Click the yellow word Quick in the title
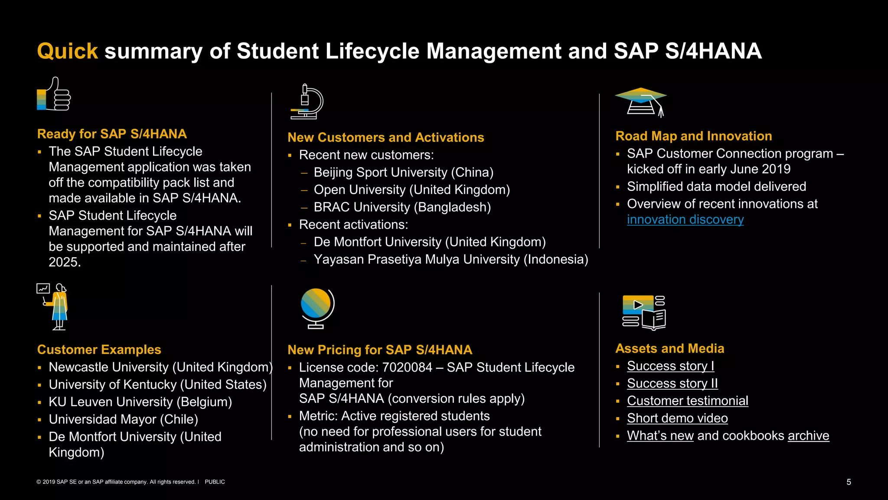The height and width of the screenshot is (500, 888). [x=67, y=51]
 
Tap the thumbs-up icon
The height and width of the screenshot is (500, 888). [x=54, y=95]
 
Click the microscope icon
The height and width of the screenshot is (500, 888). [x=307, y=102]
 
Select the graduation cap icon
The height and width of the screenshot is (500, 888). [x=641, y=102]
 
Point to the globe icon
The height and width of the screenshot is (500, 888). [x=317, y=308]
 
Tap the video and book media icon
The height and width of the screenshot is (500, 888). [x=644, y=312]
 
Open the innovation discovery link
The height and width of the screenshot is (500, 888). [x=685, y=220]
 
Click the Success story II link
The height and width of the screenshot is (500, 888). [x=672, y=384]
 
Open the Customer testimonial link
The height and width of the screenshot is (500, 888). [x=687, y=401]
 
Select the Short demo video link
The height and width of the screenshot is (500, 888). [x=677, y=418]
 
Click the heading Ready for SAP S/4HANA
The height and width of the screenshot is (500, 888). [x=112, y=134]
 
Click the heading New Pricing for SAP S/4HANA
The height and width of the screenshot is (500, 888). [x=380, y=350]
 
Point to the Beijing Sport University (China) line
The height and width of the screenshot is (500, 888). [x=403, y=173]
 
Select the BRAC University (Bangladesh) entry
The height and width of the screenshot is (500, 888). [x=402, y=207]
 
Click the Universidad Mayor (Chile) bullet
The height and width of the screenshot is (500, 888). [x=123, y=420]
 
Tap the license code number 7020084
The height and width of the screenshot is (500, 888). [x=407, y=368]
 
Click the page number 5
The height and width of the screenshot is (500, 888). [x=849, y=482]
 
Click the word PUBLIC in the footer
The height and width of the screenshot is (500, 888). [x=215, y=482]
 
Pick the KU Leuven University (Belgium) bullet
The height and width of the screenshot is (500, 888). [x=140, y=402]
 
